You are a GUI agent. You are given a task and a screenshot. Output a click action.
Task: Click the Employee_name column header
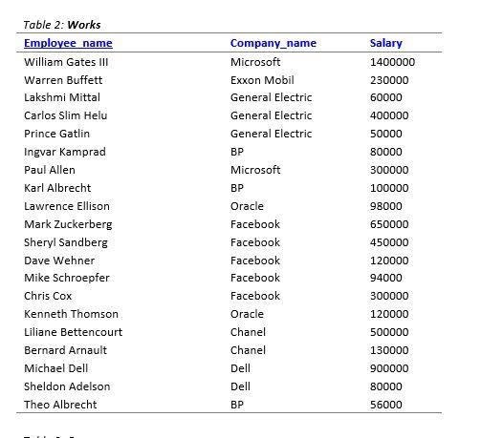tap(68, 43)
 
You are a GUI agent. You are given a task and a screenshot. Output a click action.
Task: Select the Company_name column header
tap(273, 43)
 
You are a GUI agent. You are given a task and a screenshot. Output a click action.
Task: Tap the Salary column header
tap(385, 43)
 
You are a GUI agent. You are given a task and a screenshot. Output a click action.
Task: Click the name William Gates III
tap(66, 61)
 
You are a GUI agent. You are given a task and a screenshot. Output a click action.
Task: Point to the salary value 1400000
tap(392, 61)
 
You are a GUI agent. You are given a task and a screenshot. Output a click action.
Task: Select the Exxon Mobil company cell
tap(262, 79)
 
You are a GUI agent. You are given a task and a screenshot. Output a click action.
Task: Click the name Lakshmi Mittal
tap(62, 97)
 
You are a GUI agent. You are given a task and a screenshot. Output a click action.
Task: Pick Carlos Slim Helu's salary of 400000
tap(389, 115)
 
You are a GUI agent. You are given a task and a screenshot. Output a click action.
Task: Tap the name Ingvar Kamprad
tap(65, 152)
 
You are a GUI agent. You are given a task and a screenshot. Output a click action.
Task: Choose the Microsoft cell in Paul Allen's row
tap(255, 170)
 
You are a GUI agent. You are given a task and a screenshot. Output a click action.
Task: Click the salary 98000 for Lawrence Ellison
tap(386, 206)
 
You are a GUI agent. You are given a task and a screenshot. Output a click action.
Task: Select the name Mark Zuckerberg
tap(68, 224)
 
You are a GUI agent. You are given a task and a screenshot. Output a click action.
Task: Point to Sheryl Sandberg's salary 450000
tap(389, 242)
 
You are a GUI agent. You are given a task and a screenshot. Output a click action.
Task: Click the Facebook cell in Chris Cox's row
tap(255, 296)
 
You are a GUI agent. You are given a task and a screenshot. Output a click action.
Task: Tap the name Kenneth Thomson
tap(71, 314)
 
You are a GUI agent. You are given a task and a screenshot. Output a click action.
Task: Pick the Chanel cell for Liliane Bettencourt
tap(248, 332)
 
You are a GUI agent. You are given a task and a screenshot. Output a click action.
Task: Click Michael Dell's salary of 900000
tap(389, 368)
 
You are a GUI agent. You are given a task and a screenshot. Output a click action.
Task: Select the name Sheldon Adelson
tap(67, 386)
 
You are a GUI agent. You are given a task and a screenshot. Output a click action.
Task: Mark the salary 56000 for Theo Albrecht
tap(386, 405)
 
